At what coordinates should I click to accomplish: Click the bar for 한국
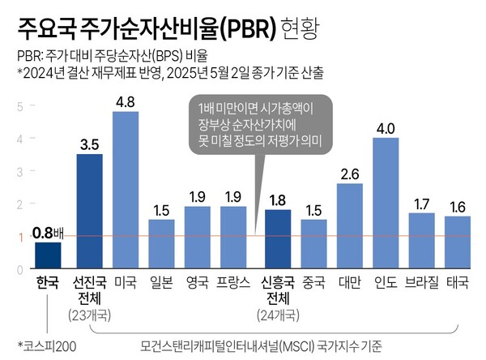tap(48, 255)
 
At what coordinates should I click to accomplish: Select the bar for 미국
tap(126, 190)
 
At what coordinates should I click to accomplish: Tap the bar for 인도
tap(386, 203)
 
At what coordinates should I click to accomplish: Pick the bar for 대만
tap(350, 225)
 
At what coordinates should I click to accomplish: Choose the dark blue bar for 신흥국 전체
tap(278, 238)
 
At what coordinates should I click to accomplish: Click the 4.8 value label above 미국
tap(126, 102)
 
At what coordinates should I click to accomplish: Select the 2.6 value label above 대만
tap(350, 174)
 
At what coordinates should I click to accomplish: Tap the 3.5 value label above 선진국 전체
tap(90, 144)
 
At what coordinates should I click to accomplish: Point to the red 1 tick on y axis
tap(20, 236)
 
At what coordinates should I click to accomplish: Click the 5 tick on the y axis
tap(20, 105)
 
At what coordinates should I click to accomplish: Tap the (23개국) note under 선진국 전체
tap(90, 314)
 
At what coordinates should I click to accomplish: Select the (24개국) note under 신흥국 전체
tap(278, 314)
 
